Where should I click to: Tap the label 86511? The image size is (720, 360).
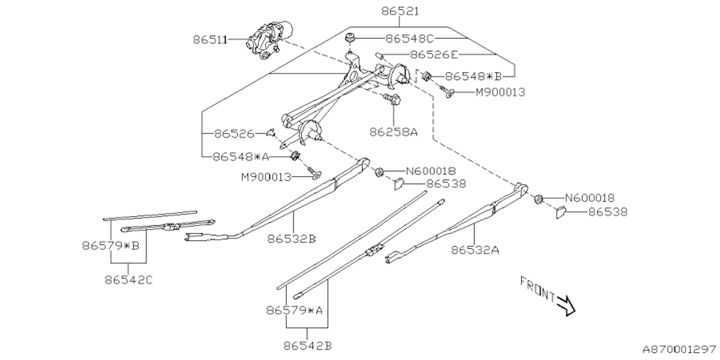[x=210, y=40]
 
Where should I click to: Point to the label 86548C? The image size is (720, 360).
[x=410, y=39]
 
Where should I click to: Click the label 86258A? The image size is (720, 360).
[x=393, y=132]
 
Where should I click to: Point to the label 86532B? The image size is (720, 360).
[x=291, y=238]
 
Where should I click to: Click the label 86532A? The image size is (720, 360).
[x=474, y=250]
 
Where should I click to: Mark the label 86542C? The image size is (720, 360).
[x=129, y=279]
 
